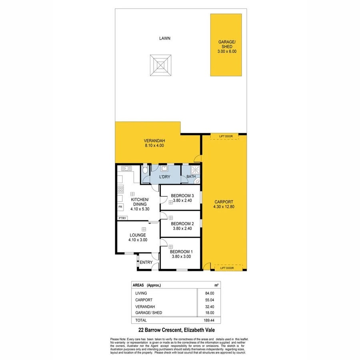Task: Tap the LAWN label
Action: (x=164, y=38)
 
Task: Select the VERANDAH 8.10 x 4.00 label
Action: (x=154, y=143)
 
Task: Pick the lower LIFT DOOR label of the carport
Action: (x=227, y=268)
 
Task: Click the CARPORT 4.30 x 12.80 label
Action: (x=224, y=204)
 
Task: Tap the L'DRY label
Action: (x=165, y=176)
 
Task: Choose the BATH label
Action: (x=191, y=176)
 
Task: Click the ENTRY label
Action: (x=146, y=262)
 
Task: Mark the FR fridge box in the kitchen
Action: (x=120, y=207)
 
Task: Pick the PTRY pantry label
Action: (x=122, y=218)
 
